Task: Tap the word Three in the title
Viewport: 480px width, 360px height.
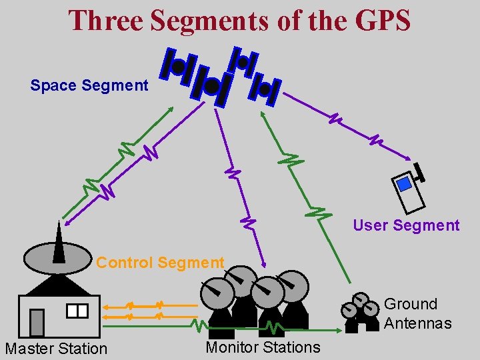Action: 106,20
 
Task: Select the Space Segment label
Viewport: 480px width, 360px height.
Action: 89,85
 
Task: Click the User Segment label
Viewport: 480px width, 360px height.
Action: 406,225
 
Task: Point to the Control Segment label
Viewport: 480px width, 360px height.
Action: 160,263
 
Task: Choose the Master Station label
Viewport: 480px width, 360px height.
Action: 56,348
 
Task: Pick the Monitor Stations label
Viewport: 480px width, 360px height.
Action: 263,347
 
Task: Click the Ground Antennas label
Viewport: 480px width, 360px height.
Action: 417,314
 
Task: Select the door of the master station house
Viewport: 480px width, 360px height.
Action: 37,323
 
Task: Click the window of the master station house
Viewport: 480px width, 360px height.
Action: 77,311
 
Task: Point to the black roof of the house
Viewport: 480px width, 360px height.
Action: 58,286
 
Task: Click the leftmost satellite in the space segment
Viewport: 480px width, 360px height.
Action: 178,67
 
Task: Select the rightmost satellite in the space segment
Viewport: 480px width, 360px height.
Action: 265,88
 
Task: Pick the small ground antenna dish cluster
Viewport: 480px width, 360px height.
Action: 361,312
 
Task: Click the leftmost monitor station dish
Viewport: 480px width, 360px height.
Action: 218,292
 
